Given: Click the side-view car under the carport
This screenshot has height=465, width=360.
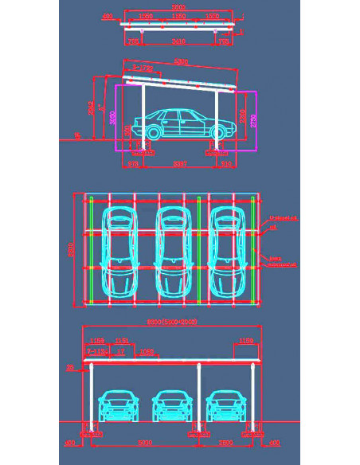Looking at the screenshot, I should point(179,124).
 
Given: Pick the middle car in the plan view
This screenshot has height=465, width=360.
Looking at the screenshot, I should point(172,251).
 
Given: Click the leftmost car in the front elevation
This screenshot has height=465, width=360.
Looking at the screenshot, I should point(117,406).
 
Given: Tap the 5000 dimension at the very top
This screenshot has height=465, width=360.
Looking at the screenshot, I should point(180,7).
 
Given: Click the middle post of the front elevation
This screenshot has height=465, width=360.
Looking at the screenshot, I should point(198,398).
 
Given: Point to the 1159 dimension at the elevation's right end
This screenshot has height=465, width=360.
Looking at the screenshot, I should point(246,342).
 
